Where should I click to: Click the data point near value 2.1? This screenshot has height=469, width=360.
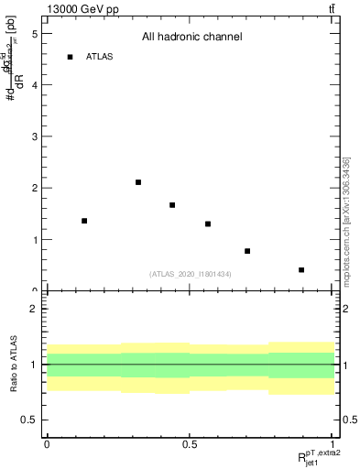click(x=138, y=182)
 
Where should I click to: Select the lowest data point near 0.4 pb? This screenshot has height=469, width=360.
click(x=301, y=270)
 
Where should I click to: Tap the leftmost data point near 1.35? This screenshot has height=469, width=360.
click(x=84, y=221)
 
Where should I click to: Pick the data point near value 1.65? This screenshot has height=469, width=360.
click(x=172, y=205)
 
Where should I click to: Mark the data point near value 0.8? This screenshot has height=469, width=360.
click(x=247, y=251)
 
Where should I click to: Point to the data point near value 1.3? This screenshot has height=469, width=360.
click(x=208, y=224)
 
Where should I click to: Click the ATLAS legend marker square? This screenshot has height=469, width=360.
click(x=70, y=57)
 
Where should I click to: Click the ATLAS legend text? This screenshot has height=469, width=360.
click(x=99, y=57)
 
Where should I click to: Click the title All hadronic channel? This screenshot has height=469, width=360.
click(x=191, y=37)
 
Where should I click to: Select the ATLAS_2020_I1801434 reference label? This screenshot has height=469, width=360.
click(x=190, y=274)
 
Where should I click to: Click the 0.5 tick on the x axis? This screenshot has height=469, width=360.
click(x=190, y=443)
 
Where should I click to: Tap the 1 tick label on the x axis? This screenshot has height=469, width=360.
click(x=332, y=443)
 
